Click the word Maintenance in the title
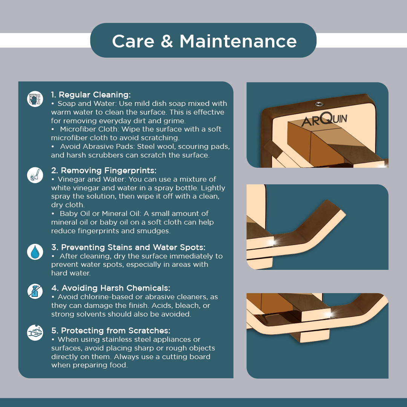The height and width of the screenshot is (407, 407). [x=238, y=41]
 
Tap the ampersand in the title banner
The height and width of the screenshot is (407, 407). [x=167, y=41]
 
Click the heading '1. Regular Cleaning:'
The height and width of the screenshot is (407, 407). [x=91, y=95]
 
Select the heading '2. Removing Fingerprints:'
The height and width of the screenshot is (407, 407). [x=104, y=171]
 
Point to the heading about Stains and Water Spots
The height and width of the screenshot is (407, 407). [x=128, y=247]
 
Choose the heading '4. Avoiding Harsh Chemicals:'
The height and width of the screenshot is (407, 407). [x=111, y=288]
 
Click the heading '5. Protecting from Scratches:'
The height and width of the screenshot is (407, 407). [x=111, y=331]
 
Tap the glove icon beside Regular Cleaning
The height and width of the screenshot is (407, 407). [x=35, y=99]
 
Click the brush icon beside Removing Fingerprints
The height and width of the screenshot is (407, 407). [x=35, y=175]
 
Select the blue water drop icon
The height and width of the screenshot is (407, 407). [x=35, y=252]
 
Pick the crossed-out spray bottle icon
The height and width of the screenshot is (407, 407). [x=35, y=291]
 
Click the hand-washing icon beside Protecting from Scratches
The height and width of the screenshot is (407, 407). [x=35, y=332]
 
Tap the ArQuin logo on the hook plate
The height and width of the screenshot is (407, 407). [x=324, y=120]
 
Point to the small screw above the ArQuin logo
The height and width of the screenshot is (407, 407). [x=319, y=104]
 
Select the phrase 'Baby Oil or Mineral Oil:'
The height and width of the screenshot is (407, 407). [x=101, y=214]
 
